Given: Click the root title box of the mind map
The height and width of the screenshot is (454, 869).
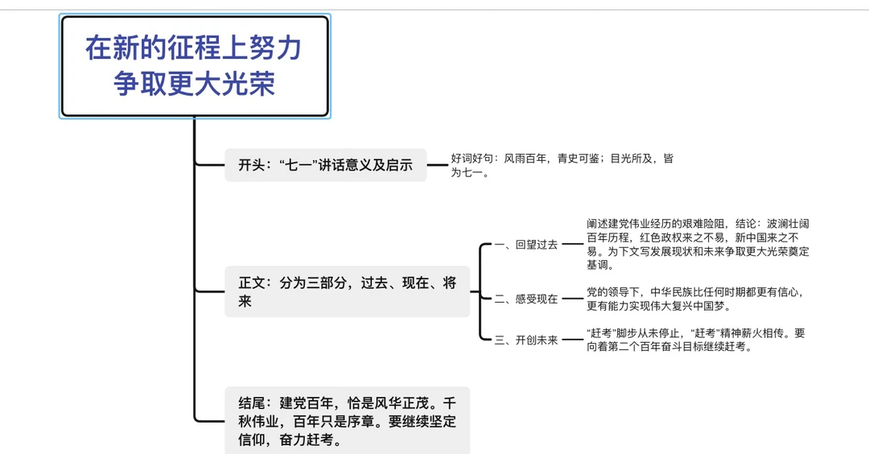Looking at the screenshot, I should click(x=195, y=66).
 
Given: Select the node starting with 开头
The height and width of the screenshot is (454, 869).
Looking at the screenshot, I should click(x=325, y=165).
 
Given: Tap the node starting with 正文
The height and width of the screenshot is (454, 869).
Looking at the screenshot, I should click(x=347, y=291).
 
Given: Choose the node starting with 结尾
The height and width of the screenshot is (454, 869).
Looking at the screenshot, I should click(x=347, y=420).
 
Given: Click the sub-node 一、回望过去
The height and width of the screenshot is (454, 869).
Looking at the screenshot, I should click(x=525, y=245).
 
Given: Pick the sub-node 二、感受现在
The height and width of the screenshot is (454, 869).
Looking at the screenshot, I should click(x=525, y=299).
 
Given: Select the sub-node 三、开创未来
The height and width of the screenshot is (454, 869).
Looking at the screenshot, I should click(x=525, y=340).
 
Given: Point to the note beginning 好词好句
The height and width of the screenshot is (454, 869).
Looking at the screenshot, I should click(x=562, y=165).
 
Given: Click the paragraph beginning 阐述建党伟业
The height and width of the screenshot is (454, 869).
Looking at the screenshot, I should click(x=697, y=244).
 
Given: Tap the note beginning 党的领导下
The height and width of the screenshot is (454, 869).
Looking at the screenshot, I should click(x=695, y=299).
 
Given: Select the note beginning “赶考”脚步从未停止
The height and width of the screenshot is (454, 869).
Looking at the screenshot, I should click(x=695, y=340).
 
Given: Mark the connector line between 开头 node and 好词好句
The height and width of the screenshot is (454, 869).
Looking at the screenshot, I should click(x=438, y=165).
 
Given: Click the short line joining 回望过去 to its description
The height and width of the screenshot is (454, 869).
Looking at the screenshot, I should click(x=571, y=244).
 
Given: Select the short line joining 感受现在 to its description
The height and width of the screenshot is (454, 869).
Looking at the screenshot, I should click(x=571, y=299).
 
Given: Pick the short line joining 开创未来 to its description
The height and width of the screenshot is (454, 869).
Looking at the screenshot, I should click(x=571, y=340).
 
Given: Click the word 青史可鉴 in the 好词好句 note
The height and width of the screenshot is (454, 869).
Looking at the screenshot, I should click(x=578, y=159).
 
